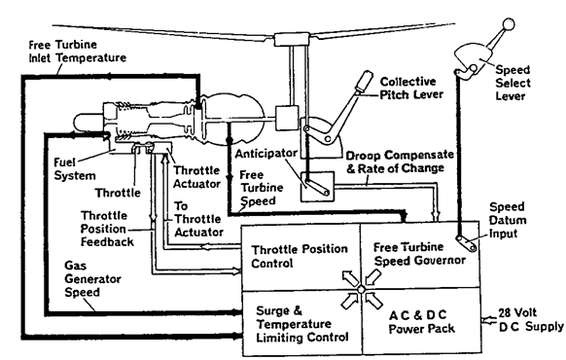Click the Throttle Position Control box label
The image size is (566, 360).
coord(300,256)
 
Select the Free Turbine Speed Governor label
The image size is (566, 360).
coord(419,254)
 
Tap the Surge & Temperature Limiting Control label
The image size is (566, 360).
coord(301,324)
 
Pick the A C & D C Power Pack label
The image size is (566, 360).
coord(421,321)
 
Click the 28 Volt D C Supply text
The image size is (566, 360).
coord(531,319)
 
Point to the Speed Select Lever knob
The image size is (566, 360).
coord(509,24)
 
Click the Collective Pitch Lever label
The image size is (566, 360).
coord(411,89)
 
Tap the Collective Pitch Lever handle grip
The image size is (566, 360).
coord(364,82)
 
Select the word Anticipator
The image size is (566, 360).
coord(266,154)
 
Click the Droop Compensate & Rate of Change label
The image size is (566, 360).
coord(400,162)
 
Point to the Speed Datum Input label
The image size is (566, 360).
coord(508,220)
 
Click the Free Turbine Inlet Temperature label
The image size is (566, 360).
coord(77,51)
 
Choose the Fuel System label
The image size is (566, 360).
coord(75,168)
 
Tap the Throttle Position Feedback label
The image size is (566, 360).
coord(107,229)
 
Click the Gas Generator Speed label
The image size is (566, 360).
coord(92,278)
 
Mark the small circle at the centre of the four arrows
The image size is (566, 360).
coord(362,289)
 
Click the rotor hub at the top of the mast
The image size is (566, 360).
coord(292,39)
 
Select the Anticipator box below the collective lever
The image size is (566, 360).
coord(318,187)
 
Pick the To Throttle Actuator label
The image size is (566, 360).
coord(198,219)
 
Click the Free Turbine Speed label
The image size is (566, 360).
coord(262,188)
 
